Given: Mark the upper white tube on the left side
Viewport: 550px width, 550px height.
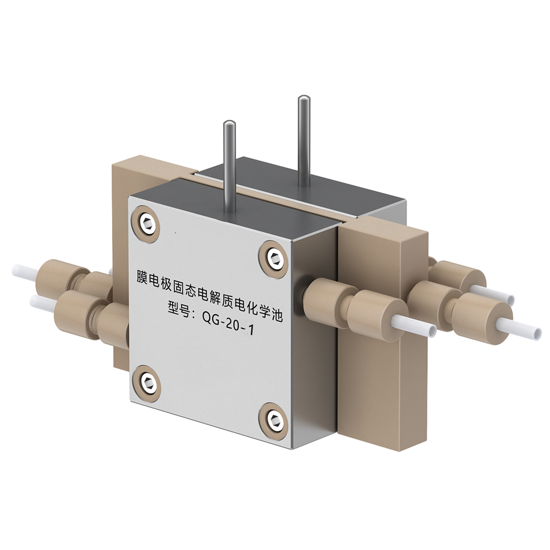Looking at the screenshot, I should (x=25, y=271).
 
